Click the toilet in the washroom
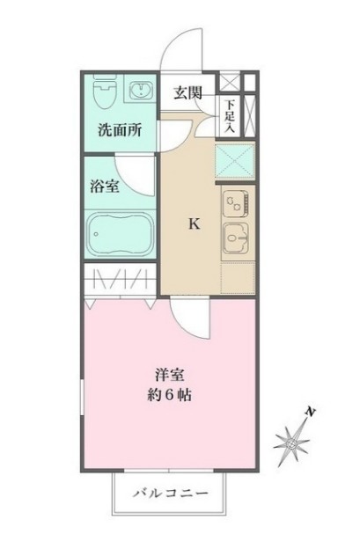click(105, 91)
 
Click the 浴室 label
click(105, 186)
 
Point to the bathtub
click(120, 234)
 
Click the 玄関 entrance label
click(187, 92)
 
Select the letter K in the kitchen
click(195, 223)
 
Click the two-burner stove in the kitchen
click(235, 202)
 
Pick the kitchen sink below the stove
click(236, 238)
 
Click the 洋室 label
click(170, 375)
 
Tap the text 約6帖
click(169, 395)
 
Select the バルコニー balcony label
click(170, 494)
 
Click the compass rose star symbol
click(291, 443)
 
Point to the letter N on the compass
click(311, 412)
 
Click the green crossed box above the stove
click(235, 161)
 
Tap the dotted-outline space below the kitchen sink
click(238, 278)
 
